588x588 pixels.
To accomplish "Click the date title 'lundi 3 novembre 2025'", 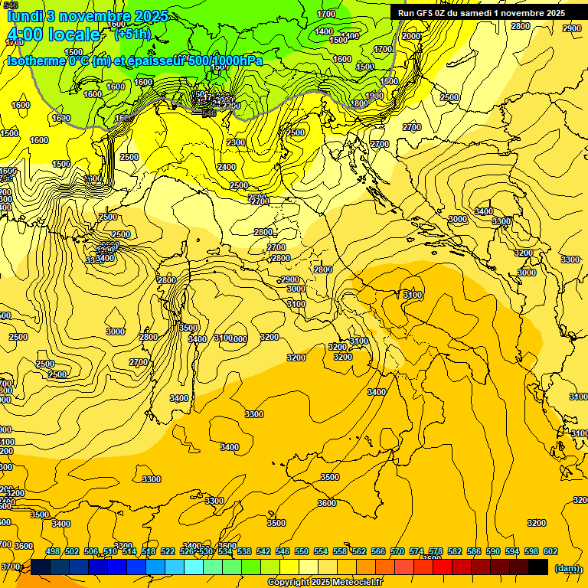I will coord(87,15).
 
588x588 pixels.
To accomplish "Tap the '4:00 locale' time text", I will coord(54,34).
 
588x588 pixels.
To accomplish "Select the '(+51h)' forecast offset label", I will coord(132,34).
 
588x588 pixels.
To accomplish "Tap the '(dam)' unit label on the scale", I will coord(567,568).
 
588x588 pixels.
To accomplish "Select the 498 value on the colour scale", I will coord(53,551).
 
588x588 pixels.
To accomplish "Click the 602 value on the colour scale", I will coord(550,551).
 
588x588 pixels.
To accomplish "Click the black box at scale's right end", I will coord(538,567).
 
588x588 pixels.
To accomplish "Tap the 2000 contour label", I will coord(411,36).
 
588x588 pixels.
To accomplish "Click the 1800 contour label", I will coord(359,103).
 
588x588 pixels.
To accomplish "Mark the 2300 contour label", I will coord(236,142).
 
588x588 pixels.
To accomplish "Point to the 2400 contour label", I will coord(227,167).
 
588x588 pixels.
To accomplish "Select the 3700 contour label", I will coord(10,567).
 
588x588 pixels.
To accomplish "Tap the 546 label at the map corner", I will coord(11,5).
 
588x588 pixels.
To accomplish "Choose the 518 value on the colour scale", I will coord(149,551).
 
